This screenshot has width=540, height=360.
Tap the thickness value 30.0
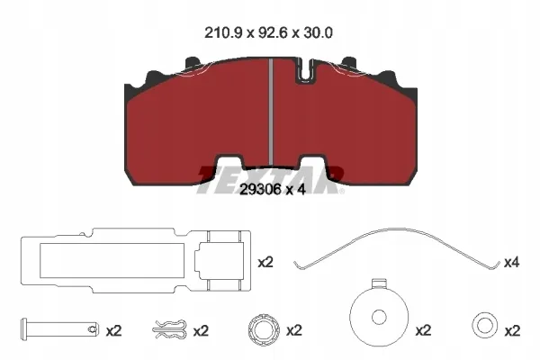[317, 33]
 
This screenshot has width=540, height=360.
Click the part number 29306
[260, 190]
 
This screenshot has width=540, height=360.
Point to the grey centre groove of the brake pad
[271, 112]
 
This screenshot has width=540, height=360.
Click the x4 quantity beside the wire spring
[511, 263]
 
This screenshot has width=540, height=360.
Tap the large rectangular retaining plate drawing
[136, 260]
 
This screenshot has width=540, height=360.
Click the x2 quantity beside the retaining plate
[265, 263]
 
